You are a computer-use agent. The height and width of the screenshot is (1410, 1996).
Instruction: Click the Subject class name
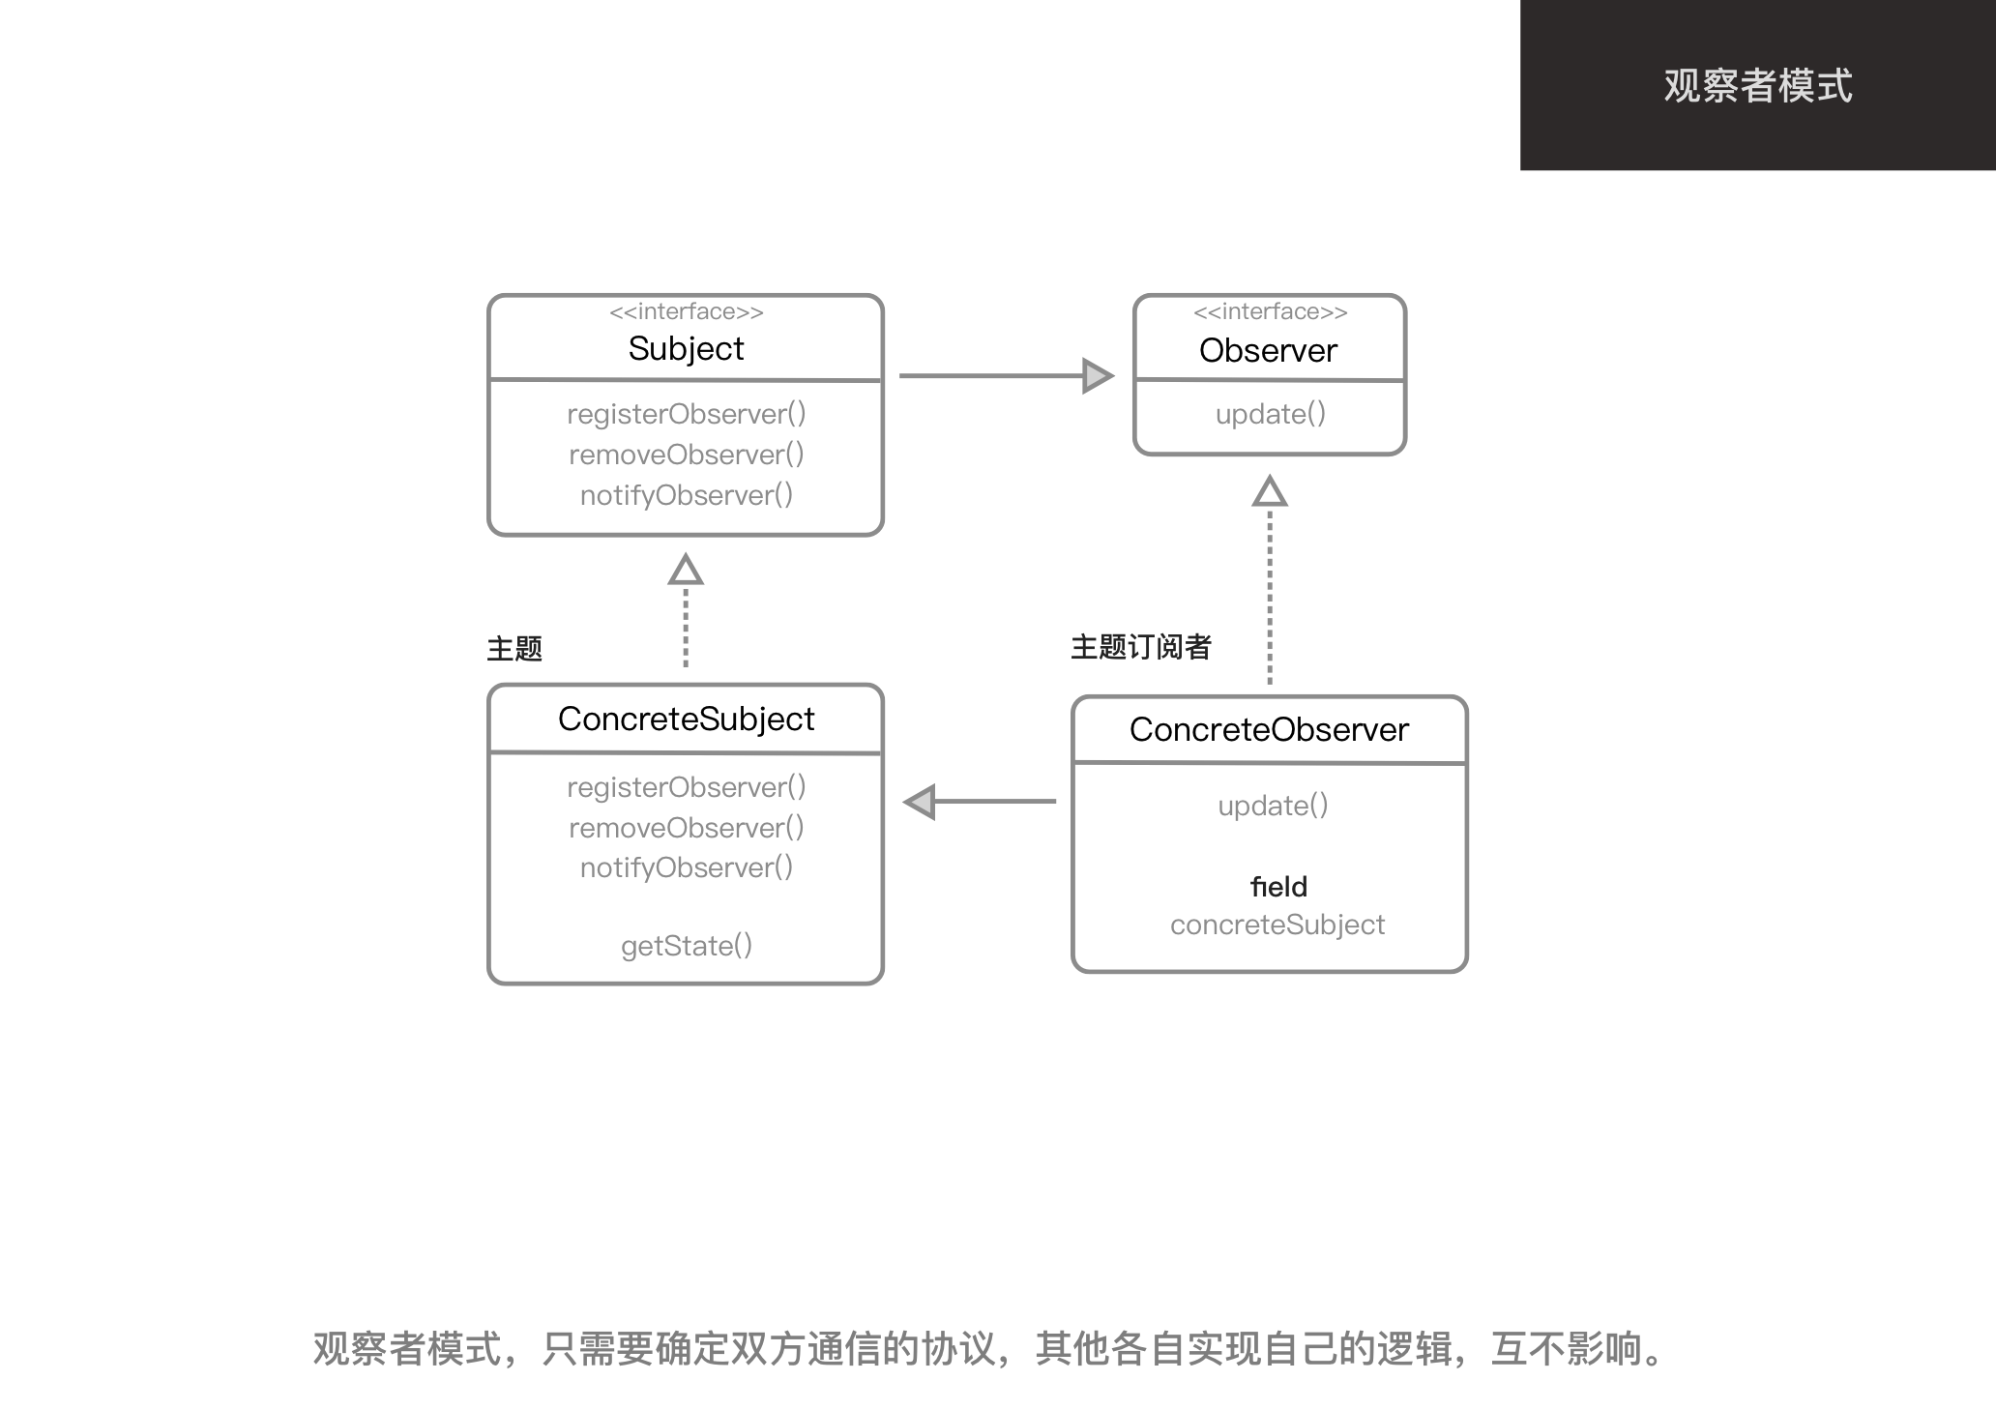(686, 348)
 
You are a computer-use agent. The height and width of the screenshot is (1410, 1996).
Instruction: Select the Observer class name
(1268, 350)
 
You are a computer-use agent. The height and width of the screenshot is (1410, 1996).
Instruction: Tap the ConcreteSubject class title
(686, 719)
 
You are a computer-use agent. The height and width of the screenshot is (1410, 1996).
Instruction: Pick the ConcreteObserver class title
(1269, 729)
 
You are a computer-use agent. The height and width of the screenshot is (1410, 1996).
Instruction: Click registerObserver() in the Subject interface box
(686, 414)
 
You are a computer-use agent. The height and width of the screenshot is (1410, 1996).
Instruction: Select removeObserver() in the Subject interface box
(686, 455)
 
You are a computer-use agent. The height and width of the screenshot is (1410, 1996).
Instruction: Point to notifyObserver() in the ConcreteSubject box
(686, 867)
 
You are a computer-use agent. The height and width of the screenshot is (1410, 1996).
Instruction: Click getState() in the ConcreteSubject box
(686, 946)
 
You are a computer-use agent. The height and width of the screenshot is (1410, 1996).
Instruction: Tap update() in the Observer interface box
(1270, 414)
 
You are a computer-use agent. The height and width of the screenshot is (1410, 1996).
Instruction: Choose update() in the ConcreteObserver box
(1273, 806)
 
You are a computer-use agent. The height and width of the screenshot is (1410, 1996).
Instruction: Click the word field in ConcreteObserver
(1278, 887)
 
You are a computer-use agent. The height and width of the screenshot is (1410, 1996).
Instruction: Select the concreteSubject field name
(1277, 925)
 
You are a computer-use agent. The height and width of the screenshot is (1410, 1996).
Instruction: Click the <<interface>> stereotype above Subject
(686, 311)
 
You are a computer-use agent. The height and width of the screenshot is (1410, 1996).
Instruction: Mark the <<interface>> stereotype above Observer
(1270, 311)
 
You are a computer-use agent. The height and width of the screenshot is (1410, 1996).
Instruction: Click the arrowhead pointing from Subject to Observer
(1097, 375)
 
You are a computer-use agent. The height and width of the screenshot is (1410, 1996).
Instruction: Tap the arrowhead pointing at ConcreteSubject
(920, 802)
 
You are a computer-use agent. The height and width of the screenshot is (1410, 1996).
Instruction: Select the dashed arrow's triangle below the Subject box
(686, 570)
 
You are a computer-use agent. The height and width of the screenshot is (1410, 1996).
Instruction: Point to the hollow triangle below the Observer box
(1270, 491)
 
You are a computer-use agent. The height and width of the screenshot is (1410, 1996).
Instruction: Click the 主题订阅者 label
(1140, 647)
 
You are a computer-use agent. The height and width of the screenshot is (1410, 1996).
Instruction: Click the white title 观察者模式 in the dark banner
(1757, 85)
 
